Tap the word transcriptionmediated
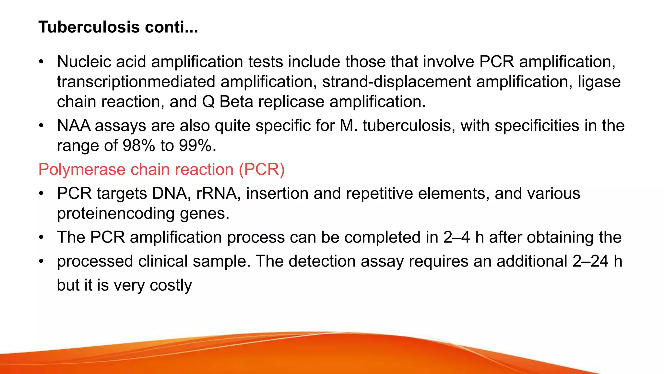(x=136, y=82)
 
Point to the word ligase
(x=599, y=82)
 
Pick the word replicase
(x=291, y=102)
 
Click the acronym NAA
(x=74, y=126)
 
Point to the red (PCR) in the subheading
(x=262, y=169)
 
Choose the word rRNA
(x=216, y=193)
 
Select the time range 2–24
(x=590, y=261)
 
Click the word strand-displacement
(x=397, y=82)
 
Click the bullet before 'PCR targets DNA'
(x=41, y=194)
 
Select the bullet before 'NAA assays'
(x=41, y=126)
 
